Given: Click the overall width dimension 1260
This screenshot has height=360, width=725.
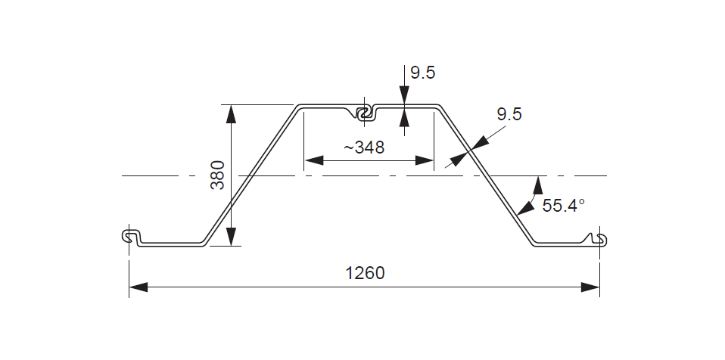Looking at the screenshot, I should click(365, 273).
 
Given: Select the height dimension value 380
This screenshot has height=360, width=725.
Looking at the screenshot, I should click(217, 175).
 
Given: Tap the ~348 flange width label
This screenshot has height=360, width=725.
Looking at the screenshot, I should click(364, 147).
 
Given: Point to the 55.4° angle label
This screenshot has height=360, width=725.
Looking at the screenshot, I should click(564, 204).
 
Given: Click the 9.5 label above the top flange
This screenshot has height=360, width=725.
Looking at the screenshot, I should click(422, 73).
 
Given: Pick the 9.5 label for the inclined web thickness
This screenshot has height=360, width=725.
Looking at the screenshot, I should click(509, 114).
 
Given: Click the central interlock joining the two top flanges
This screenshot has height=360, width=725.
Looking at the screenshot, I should click(366, 113).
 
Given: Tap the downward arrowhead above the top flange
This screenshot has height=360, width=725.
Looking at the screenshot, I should click(404, 95).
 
